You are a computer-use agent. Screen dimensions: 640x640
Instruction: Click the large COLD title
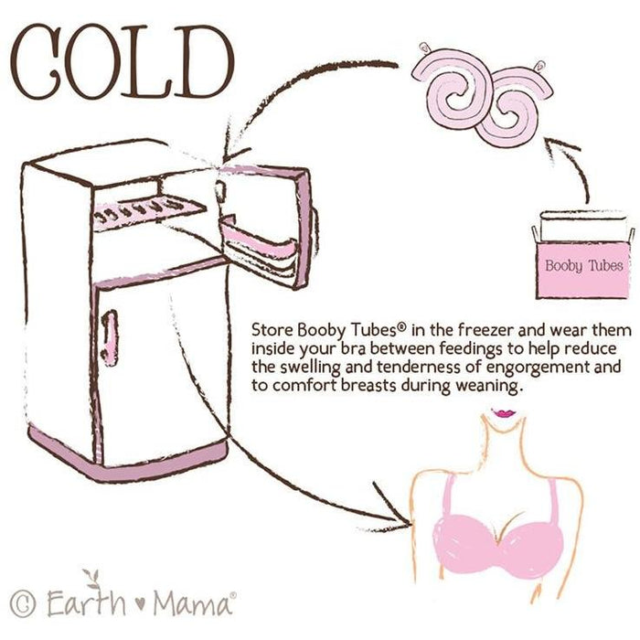(123, 62)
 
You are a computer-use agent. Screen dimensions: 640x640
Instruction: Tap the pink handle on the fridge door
(110, 337)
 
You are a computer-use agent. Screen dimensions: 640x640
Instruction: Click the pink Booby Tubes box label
(583, 266)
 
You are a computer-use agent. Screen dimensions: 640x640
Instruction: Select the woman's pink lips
(504, 412)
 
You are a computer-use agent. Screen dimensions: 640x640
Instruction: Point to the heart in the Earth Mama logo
(140, 603)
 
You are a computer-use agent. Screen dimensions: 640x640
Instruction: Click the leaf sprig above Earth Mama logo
(92, 579)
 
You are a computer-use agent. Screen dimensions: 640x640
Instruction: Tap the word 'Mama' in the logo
(192, 603)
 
